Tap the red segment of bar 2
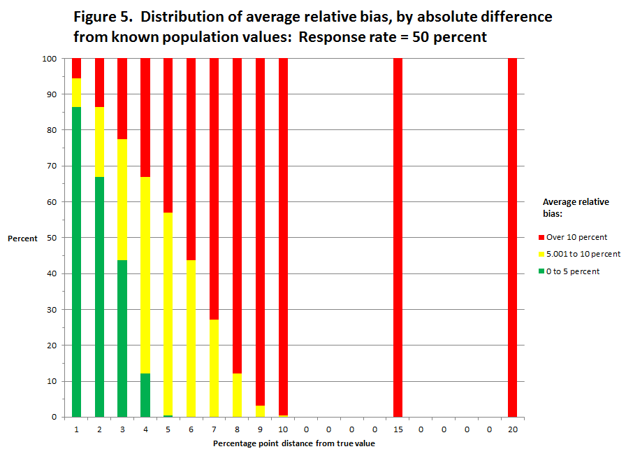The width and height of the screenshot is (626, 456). [x=99, y=83]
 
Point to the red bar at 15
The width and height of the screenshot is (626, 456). [x=398, y=238]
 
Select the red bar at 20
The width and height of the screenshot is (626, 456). [x=512, y=238]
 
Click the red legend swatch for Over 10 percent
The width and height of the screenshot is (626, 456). [x=541, y=238]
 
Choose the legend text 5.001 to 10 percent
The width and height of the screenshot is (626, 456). [x=583, y=254]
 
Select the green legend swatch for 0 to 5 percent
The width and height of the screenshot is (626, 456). [x=541, y=271]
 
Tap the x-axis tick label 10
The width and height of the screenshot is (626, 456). [x=283, y=429]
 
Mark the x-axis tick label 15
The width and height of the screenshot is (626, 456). [x=398, y=429]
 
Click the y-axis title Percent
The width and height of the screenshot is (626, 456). [x=22, y=238]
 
